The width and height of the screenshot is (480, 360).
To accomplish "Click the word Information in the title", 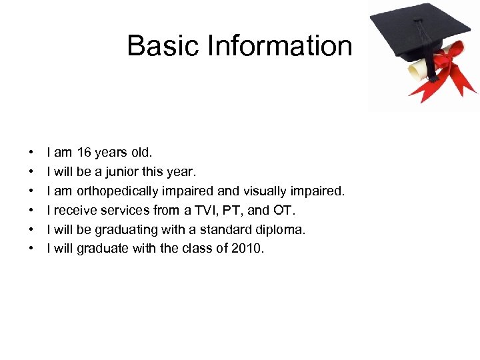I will point(280,46).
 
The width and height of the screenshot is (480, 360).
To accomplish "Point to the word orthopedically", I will point(117,191).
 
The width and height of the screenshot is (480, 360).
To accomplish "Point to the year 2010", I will point(247,249).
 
